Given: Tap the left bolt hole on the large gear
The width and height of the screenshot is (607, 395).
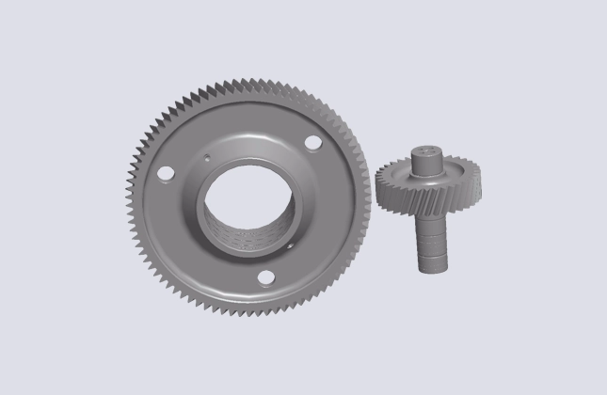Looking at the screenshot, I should point(166,174).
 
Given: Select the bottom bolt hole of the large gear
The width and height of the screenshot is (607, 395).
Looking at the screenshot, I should point(265,276).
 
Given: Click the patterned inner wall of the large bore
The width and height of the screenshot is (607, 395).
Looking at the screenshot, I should point(247,236).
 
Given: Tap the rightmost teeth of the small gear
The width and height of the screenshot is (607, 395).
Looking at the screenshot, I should point(481,184).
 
